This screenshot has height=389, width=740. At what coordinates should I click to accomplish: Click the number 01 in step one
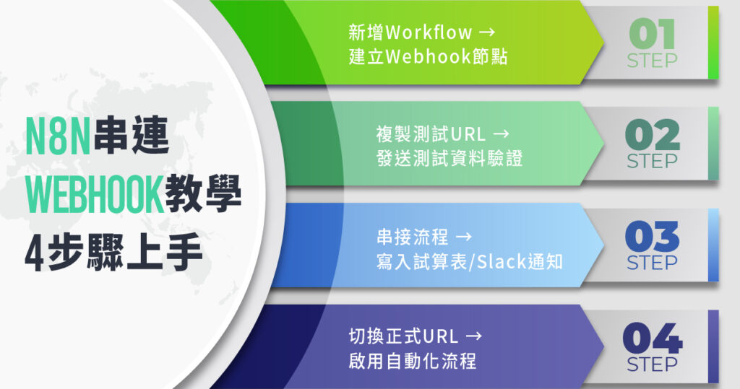click(x=652, y=34)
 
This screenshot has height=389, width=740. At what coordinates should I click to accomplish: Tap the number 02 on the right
click(x=653, y=136)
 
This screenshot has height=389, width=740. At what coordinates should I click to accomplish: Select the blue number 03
click(x=653, y=237)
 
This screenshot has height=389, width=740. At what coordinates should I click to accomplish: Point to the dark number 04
click(x=653, y=338)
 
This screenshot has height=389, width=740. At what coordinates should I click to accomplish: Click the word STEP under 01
click(x=652, y=61)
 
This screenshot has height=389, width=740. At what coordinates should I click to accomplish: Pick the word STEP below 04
click(x=652, y=364)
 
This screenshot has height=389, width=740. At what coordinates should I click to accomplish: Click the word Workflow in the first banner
click(x=429, y=32)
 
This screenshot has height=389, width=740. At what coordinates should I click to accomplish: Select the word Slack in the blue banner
click(x=502, y=262)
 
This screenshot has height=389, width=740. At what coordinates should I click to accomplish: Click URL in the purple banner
click(x=441, y=336)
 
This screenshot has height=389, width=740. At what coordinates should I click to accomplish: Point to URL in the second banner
click(x=468, y=134)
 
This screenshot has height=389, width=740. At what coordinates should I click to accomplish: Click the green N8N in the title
click(x=58, y=136)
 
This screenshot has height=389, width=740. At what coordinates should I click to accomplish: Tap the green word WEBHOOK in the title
click(x=95, y=194)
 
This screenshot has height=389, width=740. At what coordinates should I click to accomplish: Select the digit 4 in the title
click(x=35, y=252)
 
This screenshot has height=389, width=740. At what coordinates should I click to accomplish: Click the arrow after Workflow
click(x=486, y=32)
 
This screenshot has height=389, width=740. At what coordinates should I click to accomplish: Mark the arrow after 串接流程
click(x=463, y=237)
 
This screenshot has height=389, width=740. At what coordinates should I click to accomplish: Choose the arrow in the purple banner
click(x=473, y=336)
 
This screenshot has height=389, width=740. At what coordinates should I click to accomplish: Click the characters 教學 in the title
click(x=203, y=194)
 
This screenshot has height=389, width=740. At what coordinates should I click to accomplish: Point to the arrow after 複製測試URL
click(x=501, y=134)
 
